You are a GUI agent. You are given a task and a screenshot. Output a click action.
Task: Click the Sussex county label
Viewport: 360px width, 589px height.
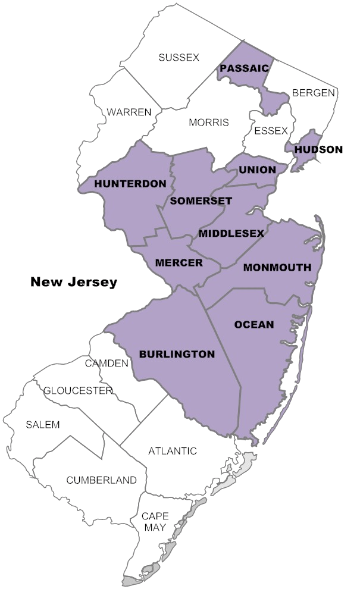pos(179,58)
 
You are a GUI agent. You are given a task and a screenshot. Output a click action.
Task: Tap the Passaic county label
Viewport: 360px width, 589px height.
pos(244,69)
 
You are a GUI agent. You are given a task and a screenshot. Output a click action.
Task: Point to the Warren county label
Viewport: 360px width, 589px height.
pos(129,112)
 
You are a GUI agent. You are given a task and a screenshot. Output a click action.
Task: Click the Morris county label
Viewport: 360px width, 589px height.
pos(208,123)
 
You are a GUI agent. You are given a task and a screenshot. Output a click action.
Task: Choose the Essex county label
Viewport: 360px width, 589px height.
pos(271,130)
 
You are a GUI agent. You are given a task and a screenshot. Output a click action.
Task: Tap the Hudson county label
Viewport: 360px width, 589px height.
pos(318,149)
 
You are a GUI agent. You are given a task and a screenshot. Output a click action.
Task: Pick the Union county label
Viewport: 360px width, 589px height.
pos(258,170)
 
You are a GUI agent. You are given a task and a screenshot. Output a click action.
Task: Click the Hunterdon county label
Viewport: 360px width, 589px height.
pos(130,184)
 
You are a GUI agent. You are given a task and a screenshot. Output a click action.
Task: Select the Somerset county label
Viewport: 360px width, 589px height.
pos(201,201)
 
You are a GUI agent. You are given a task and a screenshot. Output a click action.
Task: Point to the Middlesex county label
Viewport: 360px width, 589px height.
pos(231,233)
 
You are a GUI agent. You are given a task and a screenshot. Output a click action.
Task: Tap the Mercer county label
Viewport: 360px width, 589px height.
pos(179,262)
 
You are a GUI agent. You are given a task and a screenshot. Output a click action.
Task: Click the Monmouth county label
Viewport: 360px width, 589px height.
pos(277,268)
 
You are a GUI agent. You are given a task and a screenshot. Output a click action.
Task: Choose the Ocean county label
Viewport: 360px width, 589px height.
pos(254,324)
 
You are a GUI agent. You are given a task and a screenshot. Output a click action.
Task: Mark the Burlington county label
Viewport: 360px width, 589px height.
pos(177,354)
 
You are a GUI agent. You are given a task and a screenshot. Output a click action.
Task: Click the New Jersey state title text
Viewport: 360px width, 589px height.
pos(74,282)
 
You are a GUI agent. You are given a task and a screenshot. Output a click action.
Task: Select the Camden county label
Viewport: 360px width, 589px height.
pos(107,363)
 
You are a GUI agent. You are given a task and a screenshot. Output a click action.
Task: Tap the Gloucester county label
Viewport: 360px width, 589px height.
pos(78,390)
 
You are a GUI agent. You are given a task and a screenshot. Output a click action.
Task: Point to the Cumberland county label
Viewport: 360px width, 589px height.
pos(101,480)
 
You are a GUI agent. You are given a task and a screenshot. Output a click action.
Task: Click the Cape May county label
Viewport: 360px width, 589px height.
pos(155,521)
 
